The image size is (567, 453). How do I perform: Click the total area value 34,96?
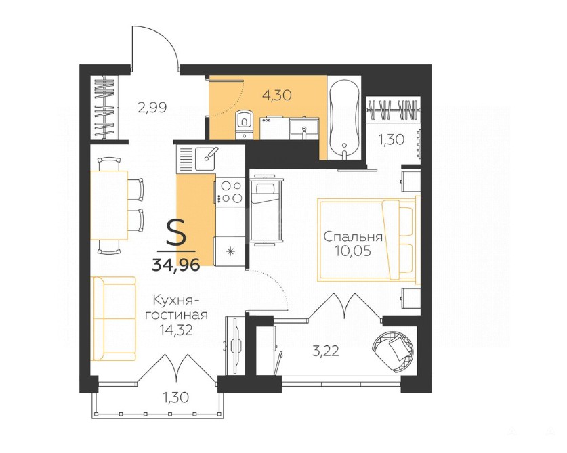point(176,265)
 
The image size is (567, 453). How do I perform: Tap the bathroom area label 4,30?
point(276,95)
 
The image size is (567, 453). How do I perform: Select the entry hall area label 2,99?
point(152,108)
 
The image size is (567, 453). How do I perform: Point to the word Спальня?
point(352,237)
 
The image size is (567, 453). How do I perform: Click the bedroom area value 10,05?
point(353,251)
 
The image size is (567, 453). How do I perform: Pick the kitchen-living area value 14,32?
point(176,330)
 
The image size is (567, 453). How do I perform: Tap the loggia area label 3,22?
point(325,351)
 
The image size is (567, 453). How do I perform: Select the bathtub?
point(345,118)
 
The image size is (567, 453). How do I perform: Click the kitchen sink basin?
point(205,158)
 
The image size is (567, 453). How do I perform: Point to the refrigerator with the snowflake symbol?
point(230,251)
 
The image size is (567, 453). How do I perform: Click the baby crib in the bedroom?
point(266,211)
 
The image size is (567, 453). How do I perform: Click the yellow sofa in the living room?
point(114,318)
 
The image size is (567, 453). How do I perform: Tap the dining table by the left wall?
point(109,205)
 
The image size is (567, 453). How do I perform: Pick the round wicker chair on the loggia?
point(393,352)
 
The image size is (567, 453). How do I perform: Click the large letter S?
point(176,233)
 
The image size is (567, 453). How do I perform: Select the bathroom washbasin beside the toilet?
point(303,128)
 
